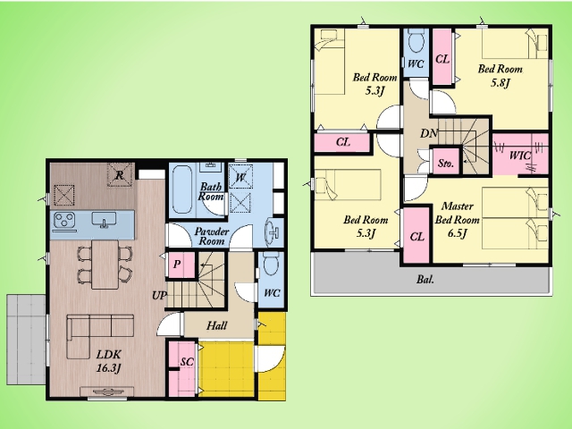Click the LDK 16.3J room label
[x=109, y=361]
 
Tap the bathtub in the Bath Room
[x=182, y=189]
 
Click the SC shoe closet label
[x=187, y=361]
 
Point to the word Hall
[x=216, y=325]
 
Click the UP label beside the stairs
[x=159, y=296]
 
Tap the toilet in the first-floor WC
[x=271, y=264]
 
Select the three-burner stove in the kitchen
[x=64, y=221]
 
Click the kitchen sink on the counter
[x=104, y=220]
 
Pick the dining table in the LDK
[x=105, y=265]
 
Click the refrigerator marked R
[x=120, y=175]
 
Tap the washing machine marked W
[x=240, y=177]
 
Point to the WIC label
[x=519, y=156]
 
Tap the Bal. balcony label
[x=425, y=280]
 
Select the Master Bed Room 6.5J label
[x=457, y=220]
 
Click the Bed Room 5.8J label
[x=500, y=76]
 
